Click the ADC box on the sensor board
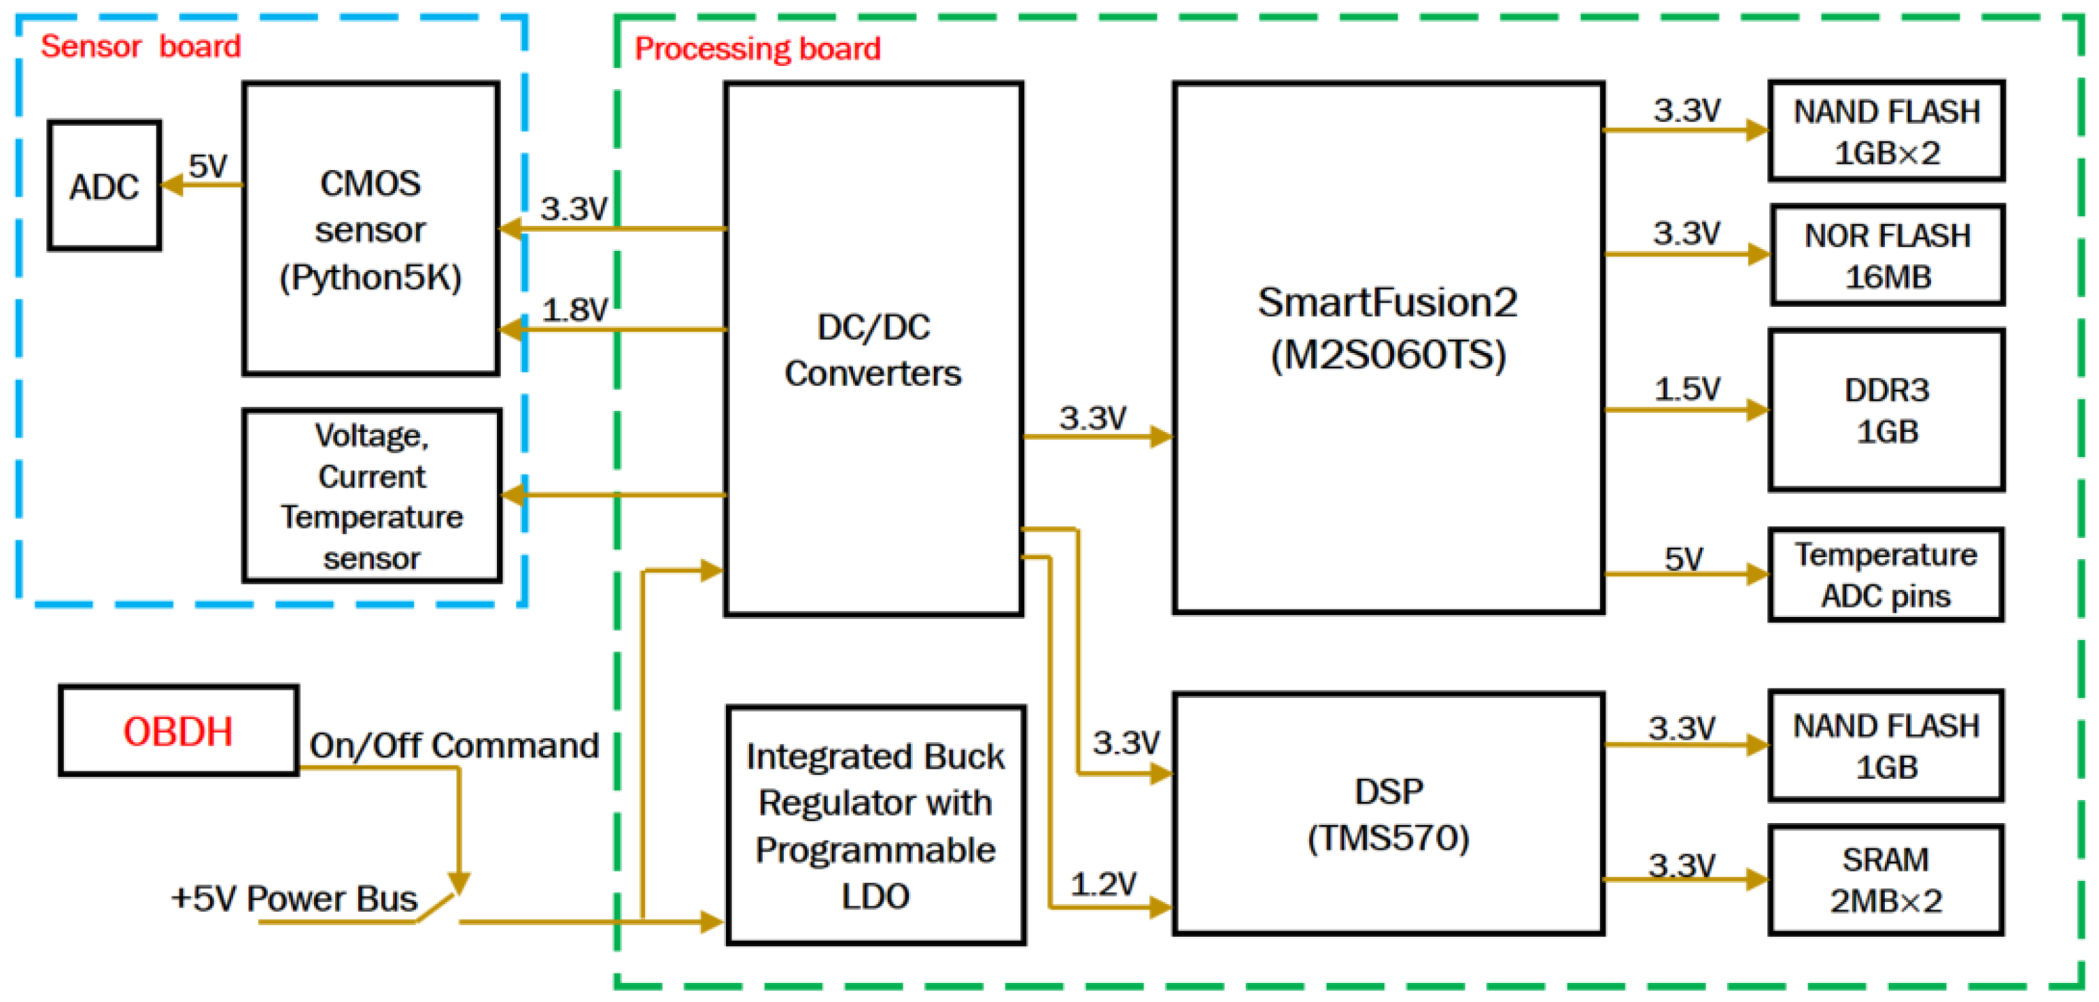point(103,186)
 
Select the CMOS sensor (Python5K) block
point(370,229)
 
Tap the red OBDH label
point(177,731)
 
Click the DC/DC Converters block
point(873,349)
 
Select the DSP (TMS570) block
point(1387,814)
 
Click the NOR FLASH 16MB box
point(1886,256)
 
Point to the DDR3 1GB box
point(1886,410)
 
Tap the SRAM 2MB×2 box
point(1886,880)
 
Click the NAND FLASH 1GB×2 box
point(1886,131)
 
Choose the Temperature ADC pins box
point(1886,575)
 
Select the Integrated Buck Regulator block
point(875,825)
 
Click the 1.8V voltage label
point(574,310)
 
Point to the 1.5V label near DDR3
point(1686,388)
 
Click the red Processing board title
point(757,49)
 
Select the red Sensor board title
point(140,46)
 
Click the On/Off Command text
point(454,745)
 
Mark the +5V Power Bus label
point(294,899)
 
